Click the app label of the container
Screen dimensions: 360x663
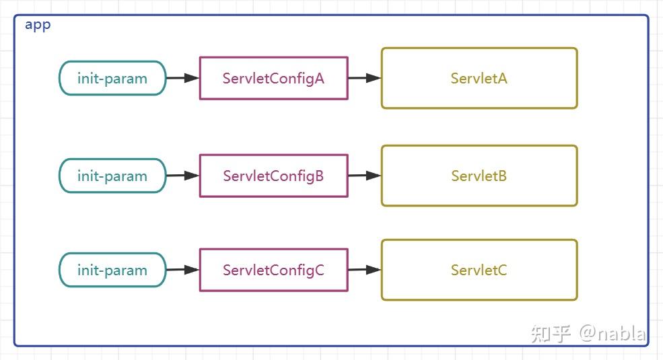click(38, 25)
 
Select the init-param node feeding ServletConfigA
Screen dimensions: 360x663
click(112, 78)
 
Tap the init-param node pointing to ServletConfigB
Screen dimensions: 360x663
click(112, 176)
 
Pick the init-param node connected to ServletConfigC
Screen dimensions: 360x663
click(112, 270)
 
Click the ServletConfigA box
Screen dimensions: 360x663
click(273, 78)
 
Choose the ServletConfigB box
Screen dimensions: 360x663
click(273, 176)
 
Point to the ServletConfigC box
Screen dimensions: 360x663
click(273, 270)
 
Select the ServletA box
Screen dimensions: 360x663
click(479, 78)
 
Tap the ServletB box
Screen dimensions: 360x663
click(479, 176)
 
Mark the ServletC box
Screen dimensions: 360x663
click(479, 270)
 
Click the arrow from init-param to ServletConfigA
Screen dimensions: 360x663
click(182, 78)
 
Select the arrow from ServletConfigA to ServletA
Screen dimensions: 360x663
click(364, 78)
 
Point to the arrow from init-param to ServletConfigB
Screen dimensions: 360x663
click(182, 176)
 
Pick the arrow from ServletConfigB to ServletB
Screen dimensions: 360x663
click(364, 176)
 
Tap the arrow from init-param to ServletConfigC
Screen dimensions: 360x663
click(182, 270)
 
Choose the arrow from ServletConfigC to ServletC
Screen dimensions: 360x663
click(364, 270)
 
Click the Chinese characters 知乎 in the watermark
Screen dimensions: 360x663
click(551, 333)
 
